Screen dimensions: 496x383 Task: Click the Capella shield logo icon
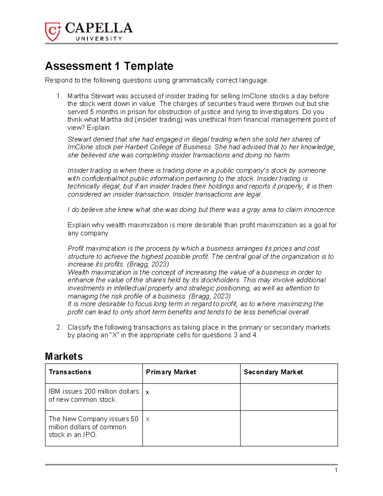pyautogui.click(x=53, y=31)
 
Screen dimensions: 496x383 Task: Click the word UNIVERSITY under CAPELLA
pyautogui.click(x=99, y=39)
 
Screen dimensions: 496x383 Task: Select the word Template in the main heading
pyautogui.click(x=148, y=66)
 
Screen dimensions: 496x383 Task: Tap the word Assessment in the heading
pyautogui.click(x=78, y=66)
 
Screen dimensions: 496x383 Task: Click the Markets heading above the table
pyautogui.click(x=64, y=356)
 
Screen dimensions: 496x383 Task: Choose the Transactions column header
pyautogui.click(x=70, y=372)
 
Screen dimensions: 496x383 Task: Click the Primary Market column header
pyautogui.click(x=171, y=372)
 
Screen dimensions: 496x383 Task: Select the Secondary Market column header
pyautogui.click(x=273, y=372)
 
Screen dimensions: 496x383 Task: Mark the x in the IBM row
pyautogui.click(x=147, y=393)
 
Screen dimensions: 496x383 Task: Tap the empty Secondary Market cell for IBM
pyautogui.click(x=289, y=397)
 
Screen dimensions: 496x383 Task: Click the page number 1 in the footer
pyautogui.click(x=336, y=470)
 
